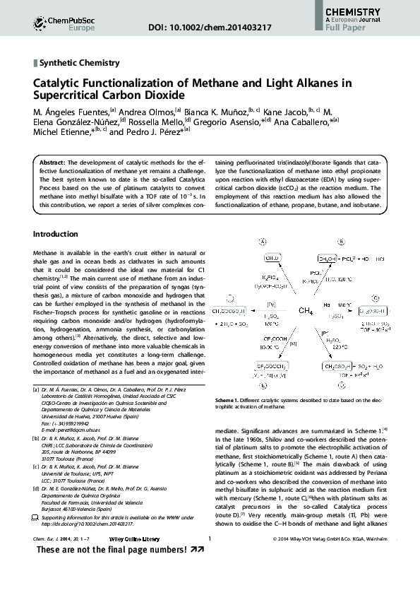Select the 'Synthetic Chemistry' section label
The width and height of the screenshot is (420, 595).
80,63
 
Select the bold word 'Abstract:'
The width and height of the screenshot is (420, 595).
53,163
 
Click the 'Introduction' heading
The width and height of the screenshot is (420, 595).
56,234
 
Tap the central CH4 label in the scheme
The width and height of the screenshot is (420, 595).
306,310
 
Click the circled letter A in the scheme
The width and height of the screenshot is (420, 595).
263,242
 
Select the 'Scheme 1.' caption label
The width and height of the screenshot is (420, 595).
229,401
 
